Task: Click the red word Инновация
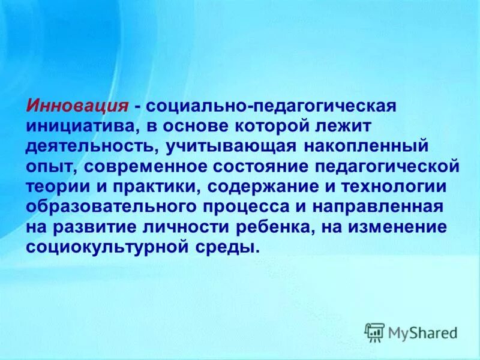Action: (77, 106)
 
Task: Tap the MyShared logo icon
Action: (375, 332)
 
